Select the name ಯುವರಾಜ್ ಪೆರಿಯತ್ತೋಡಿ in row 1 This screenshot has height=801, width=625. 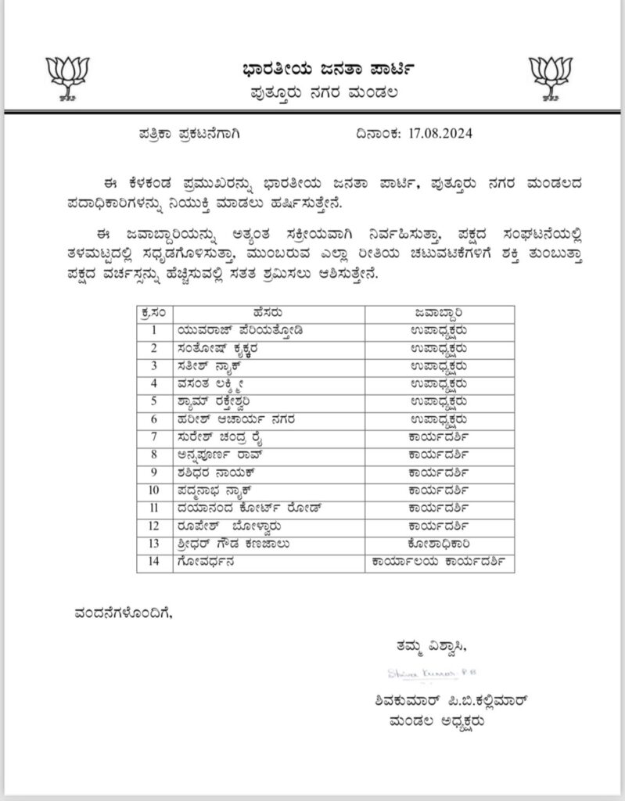click(x=237, y=329)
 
